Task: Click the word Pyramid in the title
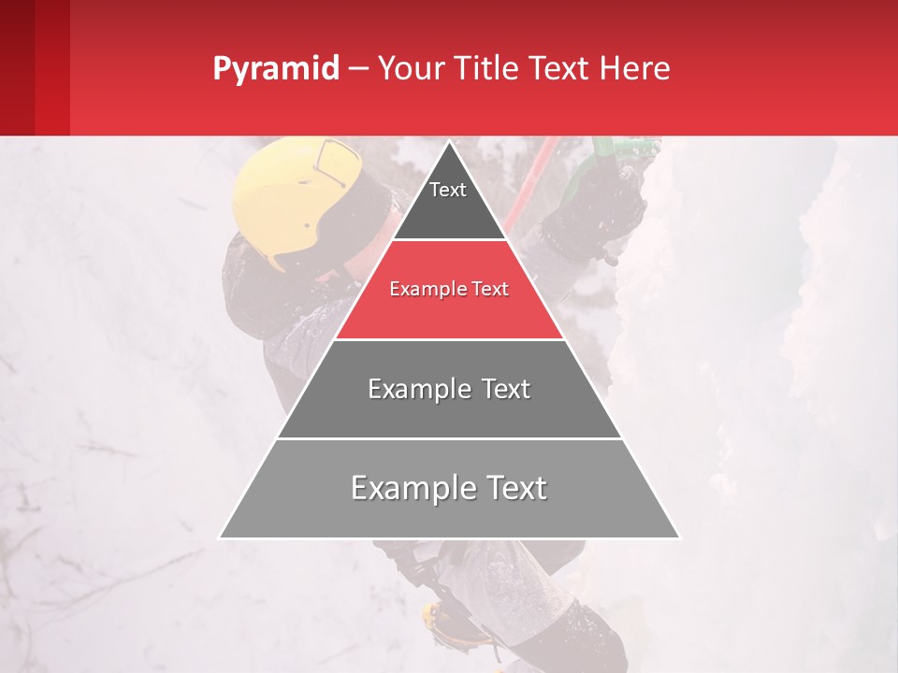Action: pos(275,69)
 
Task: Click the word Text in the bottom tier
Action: pos(513,488)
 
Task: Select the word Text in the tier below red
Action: pos(502,389)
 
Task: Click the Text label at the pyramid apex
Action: pos(448,190)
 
